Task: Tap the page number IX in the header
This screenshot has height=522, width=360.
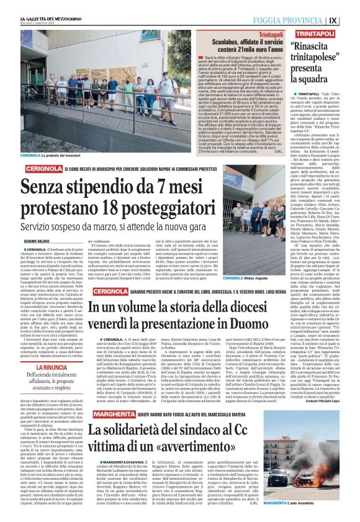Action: (x=351, y=9)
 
